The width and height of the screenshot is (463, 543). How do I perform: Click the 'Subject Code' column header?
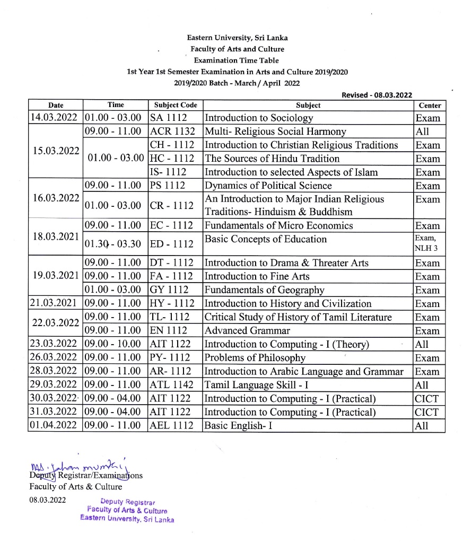175,105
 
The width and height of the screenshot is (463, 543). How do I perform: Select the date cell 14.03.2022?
55,118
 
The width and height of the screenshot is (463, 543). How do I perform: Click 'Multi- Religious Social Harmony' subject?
275,132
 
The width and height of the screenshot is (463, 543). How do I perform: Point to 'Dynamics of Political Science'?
268,186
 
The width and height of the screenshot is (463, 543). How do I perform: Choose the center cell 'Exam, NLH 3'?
428,243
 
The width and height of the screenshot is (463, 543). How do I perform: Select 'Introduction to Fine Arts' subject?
257,276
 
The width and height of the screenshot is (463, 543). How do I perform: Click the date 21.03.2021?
55,304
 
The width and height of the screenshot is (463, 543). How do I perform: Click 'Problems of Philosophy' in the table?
255,358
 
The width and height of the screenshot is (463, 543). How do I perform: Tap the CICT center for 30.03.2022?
427,399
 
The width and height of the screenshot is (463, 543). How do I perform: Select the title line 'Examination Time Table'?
236,60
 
